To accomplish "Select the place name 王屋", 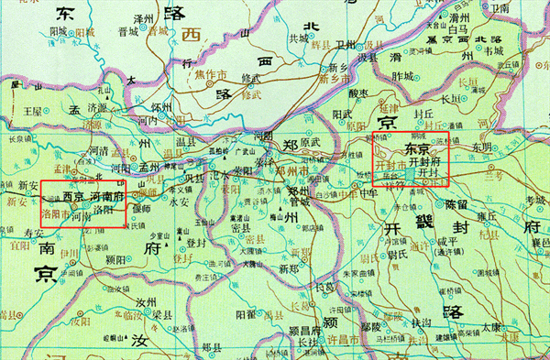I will [34, 110].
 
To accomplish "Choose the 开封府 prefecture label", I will [427, 160].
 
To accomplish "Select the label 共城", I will [299, 38].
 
